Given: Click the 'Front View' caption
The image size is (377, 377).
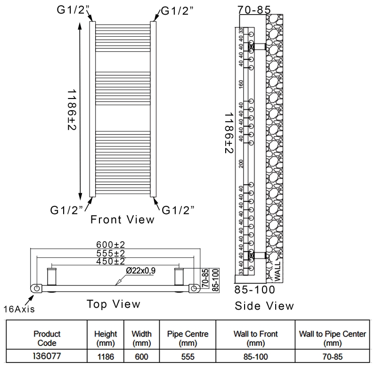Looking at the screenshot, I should coord(122,219).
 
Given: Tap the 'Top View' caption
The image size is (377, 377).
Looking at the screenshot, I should coord(113,304).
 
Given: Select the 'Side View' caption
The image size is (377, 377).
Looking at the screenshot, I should coord(264,306).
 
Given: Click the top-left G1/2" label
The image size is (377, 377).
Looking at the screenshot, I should coord(72,10).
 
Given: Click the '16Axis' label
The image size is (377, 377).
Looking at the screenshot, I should coord(19,309).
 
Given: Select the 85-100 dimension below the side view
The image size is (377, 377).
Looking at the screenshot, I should coord(254,288).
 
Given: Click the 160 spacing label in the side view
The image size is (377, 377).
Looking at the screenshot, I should coord(241,84).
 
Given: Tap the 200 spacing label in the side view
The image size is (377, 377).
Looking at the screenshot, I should coord(241,163).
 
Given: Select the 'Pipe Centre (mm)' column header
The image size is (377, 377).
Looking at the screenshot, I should coord(188,338).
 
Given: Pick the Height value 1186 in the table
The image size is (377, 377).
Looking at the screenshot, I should coord(105,357).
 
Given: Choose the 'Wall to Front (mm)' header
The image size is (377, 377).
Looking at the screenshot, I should coord(255,338).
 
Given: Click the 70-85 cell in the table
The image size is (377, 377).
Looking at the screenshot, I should coord(333,357).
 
